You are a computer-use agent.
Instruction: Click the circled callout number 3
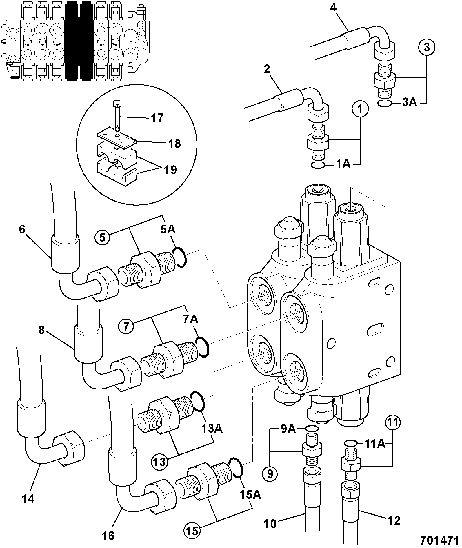[x=427, y=47]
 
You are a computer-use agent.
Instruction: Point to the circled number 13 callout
[x=159, y=462]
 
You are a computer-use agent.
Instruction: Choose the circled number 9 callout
[x=270, y=474]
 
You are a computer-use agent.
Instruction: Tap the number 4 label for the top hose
[x=333, y=7]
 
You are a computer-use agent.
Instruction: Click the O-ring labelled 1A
[x=318, y=166]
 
